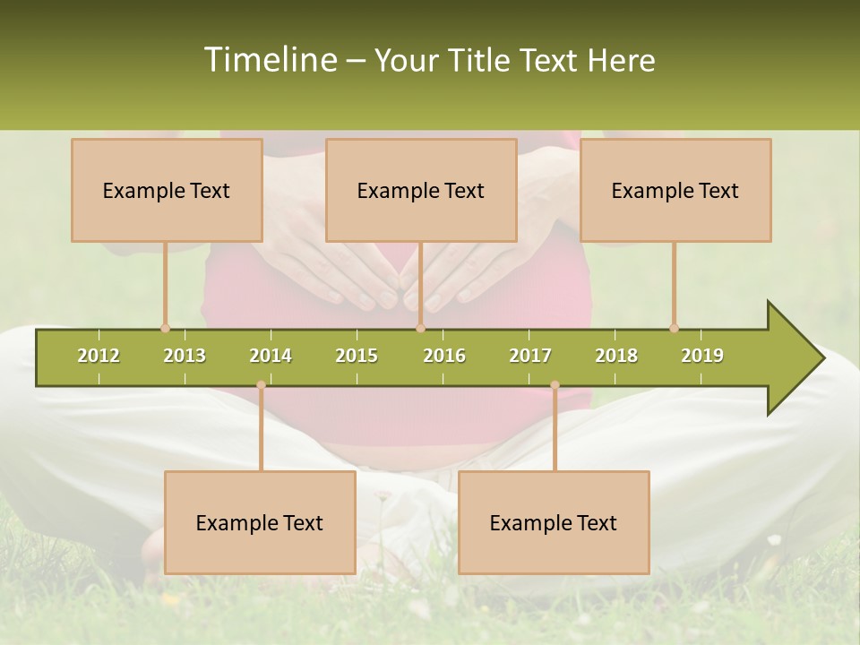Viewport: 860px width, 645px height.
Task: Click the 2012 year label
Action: pyautogui.click(x=99, y=356)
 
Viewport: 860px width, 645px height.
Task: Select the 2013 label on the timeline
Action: pyautogui.click(x=185, y=356)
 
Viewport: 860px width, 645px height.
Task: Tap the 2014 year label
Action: pyautogui.click(x=271, y=356)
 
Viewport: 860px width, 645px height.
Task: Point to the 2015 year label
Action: pyautogui.click(x=357, y=356)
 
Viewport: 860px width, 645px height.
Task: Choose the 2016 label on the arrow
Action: pyautogui.click(x=444, y=356)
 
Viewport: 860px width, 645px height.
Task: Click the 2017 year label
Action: pyautogui.click(x=530, y=356)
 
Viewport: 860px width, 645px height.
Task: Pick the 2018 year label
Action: pyautogui.click(x=616, y=356)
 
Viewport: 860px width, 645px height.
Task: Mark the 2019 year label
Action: pyautogui.click(x=702, y=356)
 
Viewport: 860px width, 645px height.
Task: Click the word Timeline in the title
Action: pyautogui.click(x=268, y=60)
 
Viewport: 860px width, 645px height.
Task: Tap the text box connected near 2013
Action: pyautogui.click(x=167, y=190)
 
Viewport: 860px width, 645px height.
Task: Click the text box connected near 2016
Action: pyautogui.click(x=421, y=190)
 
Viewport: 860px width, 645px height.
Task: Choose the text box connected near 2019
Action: pyautogui.click(x=675, y=190)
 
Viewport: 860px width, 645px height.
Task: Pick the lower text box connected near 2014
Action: pyautogui.click(x=260, y=522)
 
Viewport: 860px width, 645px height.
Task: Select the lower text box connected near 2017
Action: pyautogui.click(x=554, y=522)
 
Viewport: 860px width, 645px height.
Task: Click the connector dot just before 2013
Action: pyautogui.click(x=165, y=328)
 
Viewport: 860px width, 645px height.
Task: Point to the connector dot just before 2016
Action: pyautogui.click(x=420, y=328)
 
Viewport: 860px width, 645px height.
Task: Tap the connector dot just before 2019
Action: pyautogui.click(x=674, y=328)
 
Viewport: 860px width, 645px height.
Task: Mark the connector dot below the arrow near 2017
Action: pyautogui.click(x=555, y=385)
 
